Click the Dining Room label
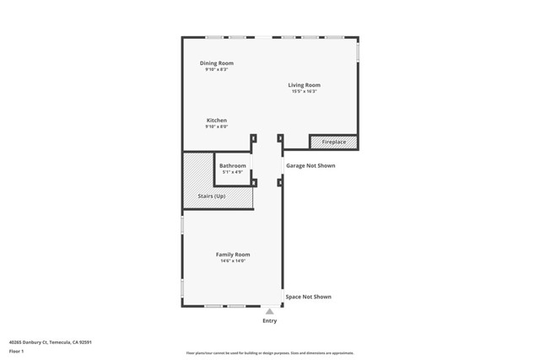tap(216, 63)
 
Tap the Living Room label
tap(304, 85)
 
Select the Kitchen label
tap(216, 121)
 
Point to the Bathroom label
tap(232, 166)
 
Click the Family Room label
tap(233, 255)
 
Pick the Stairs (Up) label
tap(211, 196)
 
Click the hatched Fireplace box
tap(333, 142)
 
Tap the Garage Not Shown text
tap(310, 166)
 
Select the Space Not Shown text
tap(308, 297)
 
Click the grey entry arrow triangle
tap(269, 311)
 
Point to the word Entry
tap(269, 321)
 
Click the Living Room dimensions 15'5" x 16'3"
tap(304, 92)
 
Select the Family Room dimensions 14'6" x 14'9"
tap(233, 261)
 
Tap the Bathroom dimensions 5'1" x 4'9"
tap(232, 172)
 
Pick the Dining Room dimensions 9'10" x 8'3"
tap(216, 70)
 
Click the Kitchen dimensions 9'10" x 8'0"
tap(216, 127)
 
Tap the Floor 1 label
tap(16, 351)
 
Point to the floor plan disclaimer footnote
tap(269, 353)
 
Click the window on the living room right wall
tap(358, 52)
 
